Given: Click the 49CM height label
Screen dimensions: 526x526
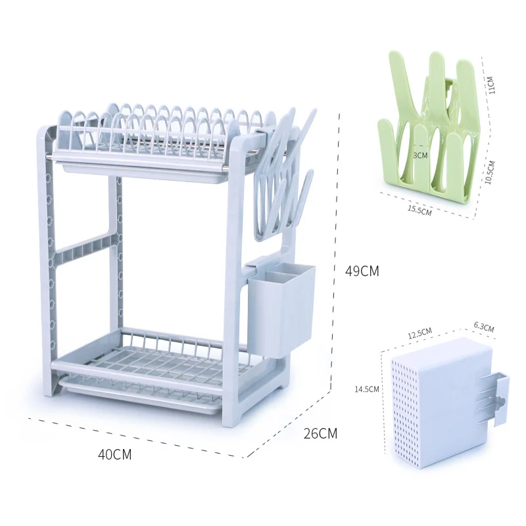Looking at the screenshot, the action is pos(362,271).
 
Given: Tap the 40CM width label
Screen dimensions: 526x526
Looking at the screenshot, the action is pos(114,454).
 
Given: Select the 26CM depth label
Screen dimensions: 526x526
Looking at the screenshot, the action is pos(320,433).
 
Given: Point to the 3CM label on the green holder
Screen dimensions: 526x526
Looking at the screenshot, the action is pos(420,155).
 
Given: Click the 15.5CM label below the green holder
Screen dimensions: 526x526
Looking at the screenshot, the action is pos(419,210).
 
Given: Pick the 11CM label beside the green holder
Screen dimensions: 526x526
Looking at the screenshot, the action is pos(490,85).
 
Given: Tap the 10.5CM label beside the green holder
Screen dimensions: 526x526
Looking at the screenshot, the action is pos(490,172).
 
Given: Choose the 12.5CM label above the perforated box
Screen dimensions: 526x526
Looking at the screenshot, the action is pos(419,333).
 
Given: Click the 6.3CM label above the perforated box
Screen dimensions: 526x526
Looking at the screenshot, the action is pos(484,327).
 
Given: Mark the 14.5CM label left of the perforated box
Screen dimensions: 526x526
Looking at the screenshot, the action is pos(367,389).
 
